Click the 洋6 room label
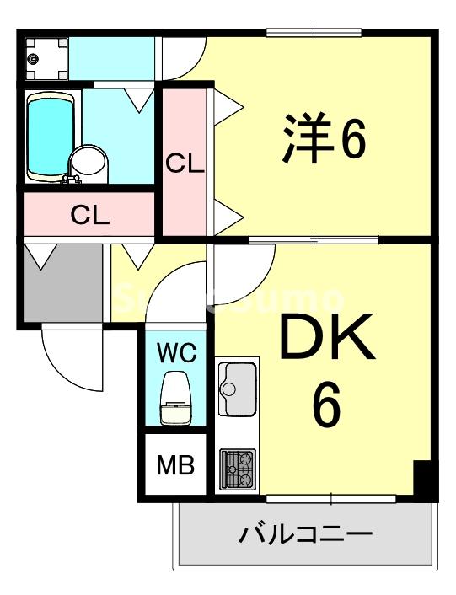tap(325, 140)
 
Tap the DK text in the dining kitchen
tap(325, 340)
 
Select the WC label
tap(176, 351)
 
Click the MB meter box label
tap(176, 464)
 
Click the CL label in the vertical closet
tap(184, 163)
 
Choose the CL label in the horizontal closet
tap(89, 216)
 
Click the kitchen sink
tap(237, 388)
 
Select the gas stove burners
tap(237, 469)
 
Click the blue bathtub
tap(52, 137)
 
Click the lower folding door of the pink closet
tap(228, 216)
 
